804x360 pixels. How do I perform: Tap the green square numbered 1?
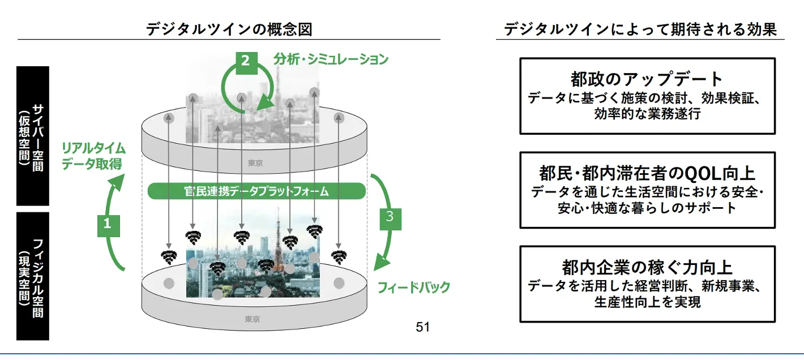tap(108, 224)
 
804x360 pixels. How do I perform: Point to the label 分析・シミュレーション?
tap(331, 59)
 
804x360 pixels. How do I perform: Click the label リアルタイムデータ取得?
tap(93, 157)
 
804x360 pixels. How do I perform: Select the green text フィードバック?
tap(413, 288)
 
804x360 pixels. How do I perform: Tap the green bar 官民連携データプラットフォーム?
tap(256, 191)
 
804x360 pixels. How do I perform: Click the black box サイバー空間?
tap(33, 136)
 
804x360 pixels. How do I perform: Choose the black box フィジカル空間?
tap(33, 276)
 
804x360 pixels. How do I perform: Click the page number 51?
tap(423, 327)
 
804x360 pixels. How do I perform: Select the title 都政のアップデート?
tap(647, 79)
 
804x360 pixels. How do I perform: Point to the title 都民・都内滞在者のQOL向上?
tap(647, 173)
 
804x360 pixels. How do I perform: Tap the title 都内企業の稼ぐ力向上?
tap(647, 267)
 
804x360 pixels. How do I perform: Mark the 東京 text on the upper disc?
tap(255, 163)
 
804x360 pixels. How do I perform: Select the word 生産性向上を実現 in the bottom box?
tap(647, 303)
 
